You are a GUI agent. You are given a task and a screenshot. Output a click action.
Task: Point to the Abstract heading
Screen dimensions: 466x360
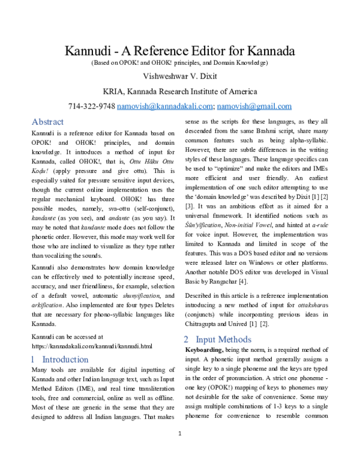(47, 121)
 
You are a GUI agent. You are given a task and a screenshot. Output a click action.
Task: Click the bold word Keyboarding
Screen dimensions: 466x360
(204, 349)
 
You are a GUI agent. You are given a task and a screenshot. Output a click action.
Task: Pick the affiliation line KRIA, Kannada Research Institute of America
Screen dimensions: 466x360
(180, 92)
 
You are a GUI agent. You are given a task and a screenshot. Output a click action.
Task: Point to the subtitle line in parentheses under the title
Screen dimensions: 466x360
(180, 63)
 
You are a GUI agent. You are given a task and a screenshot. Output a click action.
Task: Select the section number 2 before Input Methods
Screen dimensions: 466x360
(187, 339)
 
